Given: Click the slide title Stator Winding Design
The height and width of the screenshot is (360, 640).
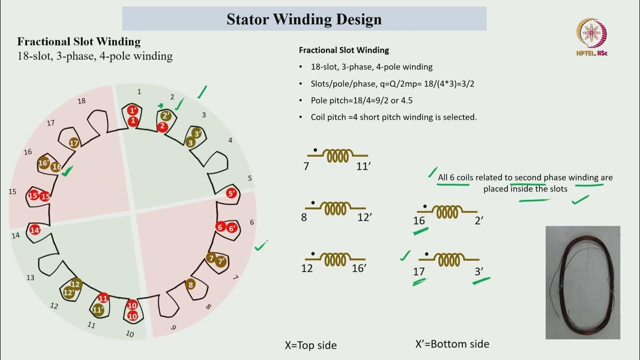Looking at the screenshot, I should [x=304, y=19].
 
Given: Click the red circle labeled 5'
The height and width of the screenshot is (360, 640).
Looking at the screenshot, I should [x=231, y=193].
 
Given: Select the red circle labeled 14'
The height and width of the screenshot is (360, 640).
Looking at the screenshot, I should [x=34, y=230].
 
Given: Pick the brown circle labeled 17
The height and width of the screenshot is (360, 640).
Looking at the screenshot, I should [x=74, y=143].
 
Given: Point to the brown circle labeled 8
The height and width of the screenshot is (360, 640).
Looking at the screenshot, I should [x=190, y=285].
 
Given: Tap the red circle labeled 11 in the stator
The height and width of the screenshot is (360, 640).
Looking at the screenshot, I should [x=103, y=298].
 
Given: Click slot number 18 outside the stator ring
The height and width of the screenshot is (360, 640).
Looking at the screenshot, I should [x=81, y=101].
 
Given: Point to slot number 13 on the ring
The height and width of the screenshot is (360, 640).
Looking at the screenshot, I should [x=30, y=277].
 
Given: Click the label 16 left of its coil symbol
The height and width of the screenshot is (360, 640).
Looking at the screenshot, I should [x=419, y=220].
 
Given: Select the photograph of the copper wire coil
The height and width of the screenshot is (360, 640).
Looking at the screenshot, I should [x=582, y=282].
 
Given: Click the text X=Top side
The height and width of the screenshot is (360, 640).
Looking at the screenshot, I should [x=310, y=345].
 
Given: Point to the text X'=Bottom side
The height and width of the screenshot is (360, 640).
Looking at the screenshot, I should [x=452, y=344].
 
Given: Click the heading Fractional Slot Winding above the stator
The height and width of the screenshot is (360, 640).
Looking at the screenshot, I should [x=79, y=42].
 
